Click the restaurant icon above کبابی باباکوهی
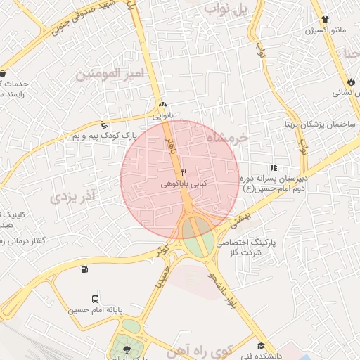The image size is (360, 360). (x=184, y=172)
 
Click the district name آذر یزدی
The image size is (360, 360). (x=73, y=195)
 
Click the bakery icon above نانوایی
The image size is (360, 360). (x=163, y=103)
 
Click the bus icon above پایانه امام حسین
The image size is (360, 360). (x=96, y=298)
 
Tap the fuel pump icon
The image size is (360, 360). (x=85, y=269)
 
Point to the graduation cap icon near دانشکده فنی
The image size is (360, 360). (x=262, y=345)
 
